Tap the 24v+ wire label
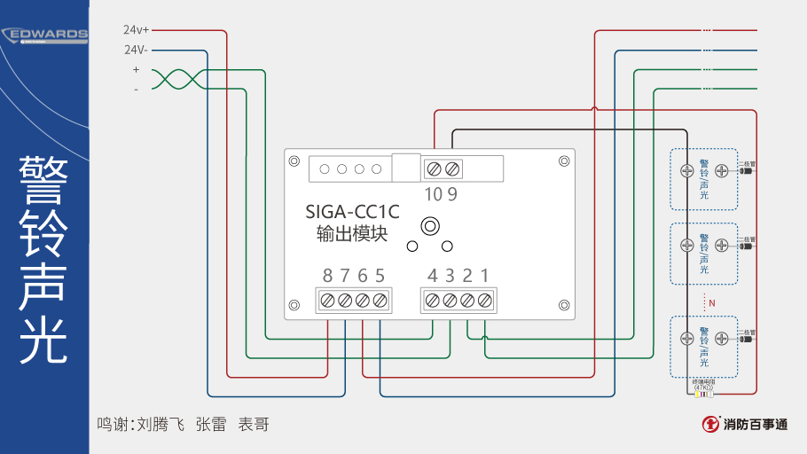coord(136,29)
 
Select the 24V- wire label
coord(136,50)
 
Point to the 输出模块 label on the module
coord(352,234)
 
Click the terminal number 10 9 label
coord(441,194)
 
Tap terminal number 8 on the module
coord(327,275)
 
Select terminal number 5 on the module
coord(380,275)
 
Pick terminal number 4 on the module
coord(432,275)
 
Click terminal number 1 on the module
coord(484,275)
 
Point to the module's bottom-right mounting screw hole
coord(564,302)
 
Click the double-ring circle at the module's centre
coord(429,225)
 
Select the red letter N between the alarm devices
coord(711,303)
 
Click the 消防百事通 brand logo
coord(743,424)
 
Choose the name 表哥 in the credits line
coord(253,425)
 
